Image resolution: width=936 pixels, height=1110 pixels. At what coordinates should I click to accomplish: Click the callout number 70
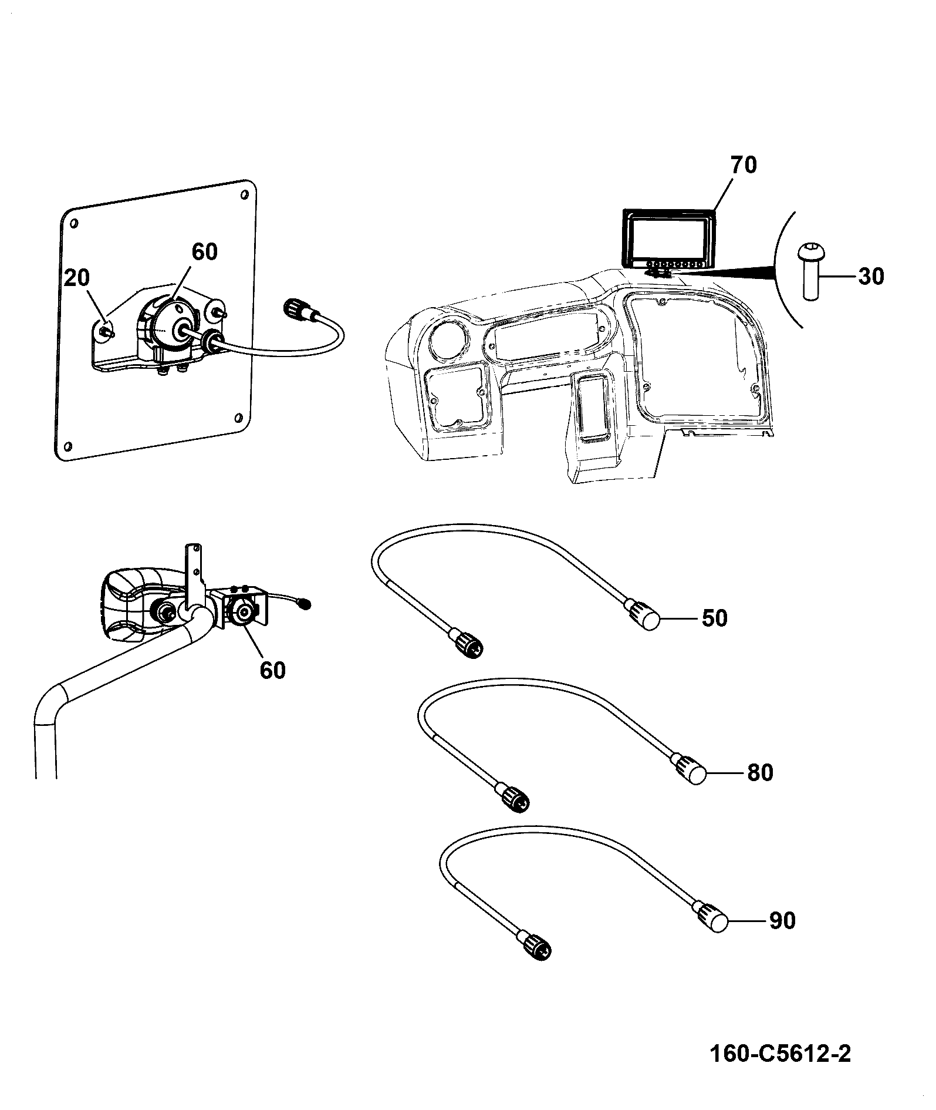743,166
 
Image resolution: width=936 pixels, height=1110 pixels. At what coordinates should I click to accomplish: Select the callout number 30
870,276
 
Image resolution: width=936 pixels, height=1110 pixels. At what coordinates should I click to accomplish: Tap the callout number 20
76,278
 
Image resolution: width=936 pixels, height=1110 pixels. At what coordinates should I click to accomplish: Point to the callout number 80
760,773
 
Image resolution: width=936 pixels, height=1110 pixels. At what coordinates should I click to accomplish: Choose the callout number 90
782,921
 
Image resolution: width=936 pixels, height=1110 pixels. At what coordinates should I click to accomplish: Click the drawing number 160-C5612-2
780,1054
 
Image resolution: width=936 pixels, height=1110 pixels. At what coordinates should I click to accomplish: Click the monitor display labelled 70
669,238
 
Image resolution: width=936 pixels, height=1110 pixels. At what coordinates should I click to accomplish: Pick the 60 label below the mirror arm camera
272,670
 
